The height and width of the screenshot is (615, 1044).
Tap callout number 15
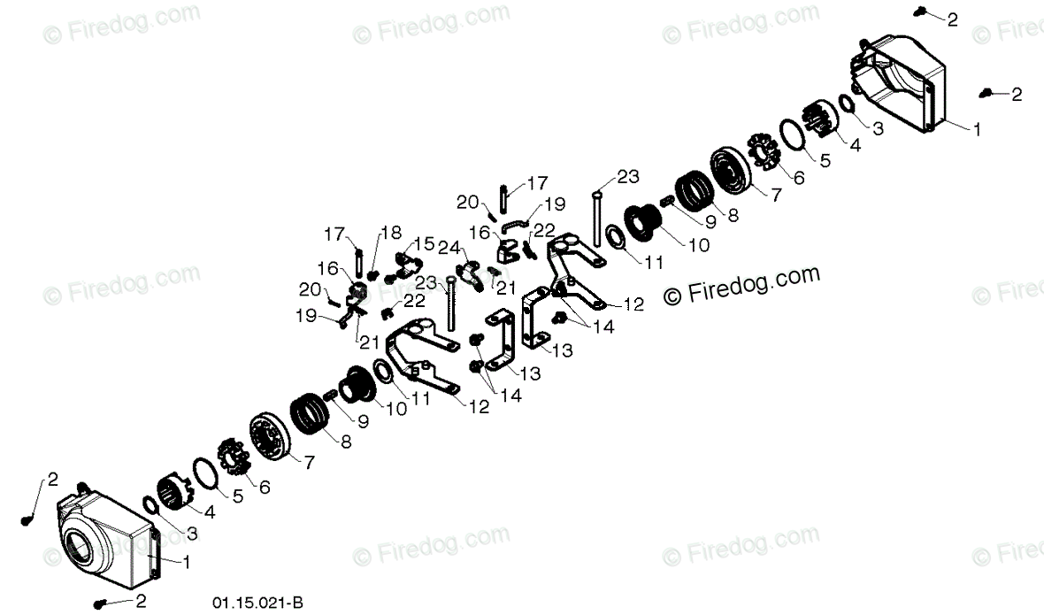tap(424, 243)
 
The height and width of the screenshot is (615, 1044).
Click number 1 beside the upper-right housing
tap(977, 129)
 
